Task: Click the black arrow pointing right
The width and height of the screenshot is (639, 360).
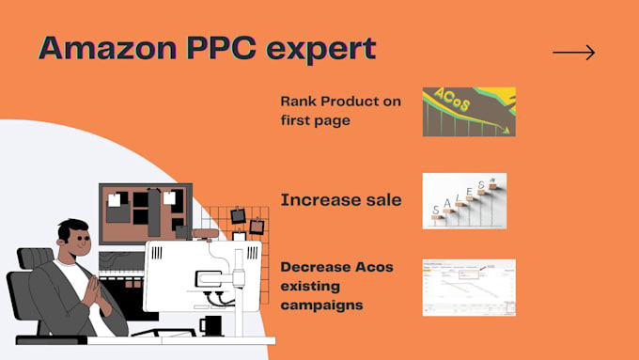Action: click(573, 53)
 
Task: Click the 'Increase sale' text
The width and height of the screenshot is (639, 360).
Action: click(341, 199)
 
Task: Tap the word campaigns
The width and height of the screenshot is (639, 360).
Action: click(321, 305)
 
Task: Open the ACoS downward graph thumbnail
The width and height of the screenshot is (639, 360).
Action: click(468, 111)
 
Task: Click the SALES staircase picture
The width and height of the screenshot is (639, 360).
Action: click(464, 200)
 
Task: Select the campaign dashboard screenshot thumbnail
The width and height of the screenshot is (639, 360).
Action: click(468, 287)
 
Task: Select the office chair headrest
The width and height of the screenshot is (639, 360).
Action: click(35, 258)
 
